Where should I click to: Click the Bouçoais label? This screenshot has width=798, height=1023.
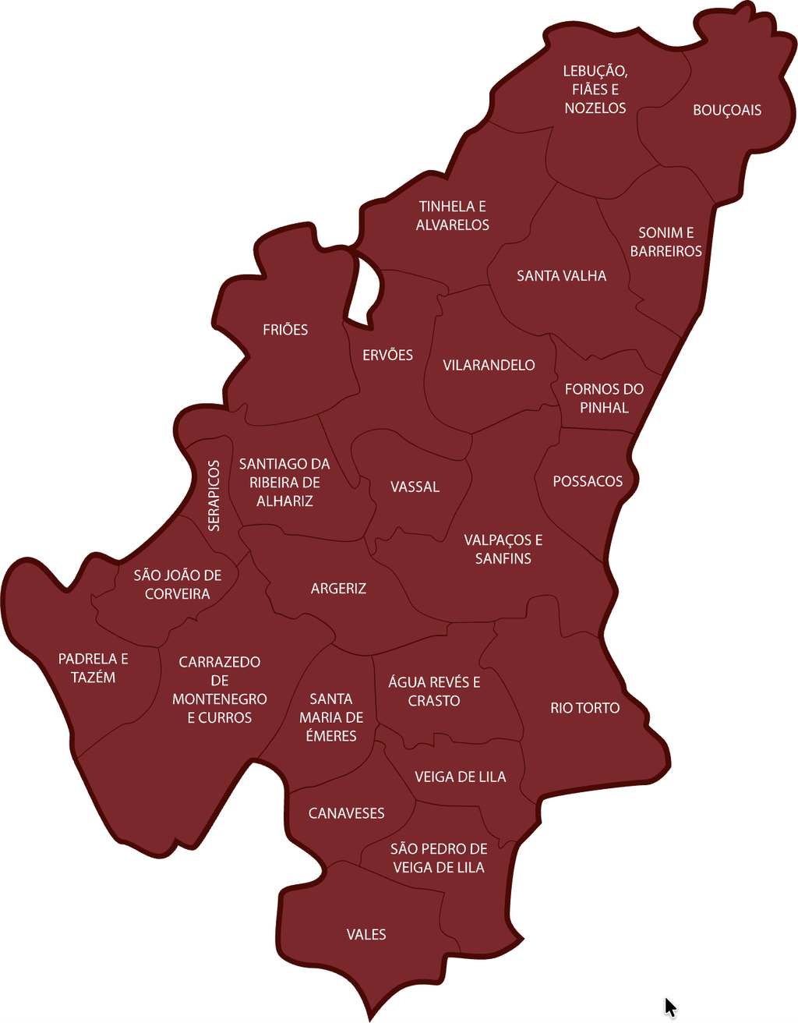point(727,110)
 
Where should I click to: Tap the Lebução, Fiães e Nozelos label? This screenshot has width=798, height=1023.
point(595,90)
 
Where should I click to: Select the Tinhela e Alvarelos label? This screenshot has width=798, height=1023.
point(452,216)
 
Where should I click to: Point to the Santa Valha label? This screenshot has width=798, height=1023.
point(561,276)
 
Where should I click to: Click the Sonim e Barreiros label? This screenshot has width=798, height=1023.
point(666,242)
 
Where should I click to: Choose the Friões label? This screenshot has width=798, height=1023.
point(285,330)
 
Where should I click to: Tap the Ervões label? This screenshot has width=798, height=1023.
point(387,356)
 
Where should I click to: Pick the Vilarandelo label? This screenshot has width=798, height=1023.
point(489,365)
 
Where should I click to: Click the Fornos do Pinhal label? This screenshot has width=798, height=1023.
point(604,398)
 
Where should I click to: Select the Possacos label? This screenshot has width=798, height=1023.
point(588,481)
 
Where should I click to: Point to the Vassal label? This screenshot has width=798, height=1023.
point(415,487)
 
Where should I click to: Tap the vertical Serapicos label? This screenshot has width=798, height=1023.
point(214,496)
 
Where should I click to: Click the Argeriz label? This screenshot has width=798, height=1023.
point(338,589)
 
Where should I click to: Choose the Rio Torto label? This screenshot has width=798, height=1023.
point(584,708)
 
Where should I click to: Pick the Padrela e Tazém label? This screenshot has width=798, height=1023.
point(94,668)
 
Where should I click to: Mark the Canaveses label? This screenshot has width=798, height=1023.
point(346,813)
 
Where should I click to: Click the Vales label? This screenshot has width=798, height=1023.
point(366,934)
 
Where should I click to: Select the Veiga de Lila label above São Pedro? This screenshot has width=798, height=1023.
point(460,777)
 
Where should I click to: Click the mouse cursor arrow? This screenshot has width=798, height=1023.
point(669,1007)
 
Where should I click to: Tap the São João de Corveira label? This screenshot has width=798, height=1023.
point(177,585)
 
